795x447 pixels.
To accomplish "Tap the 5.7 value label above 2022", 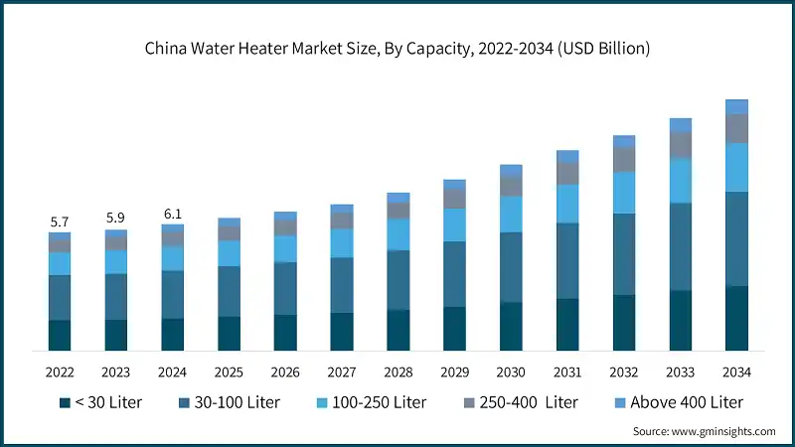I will [60, 222].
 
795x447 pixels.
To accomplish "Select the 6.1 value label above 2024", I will [173, 214].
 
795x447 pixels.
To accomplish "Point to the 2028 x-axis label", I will [397, 372].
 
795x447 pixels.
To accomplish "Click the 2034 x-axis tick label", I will [736, 372].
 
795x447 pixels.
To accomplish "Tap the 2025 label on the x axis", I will [229, 372].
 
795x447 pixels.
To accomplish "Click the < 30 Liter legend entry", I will [100, 402].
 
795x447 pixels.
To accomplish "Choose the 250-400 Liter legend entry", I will [513, 402].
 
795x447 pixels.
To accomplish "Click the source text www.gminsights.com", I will [704, 432].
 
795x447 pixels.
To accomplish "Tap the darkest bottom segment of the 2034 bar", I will [736, 318].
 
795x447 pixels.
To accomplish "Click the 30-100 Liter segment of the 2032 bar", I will [623, 254].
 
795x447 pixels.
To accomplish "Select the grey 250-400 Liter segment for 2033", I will [680, 145].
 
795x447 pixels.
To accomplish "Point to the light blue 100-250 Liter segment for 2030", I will [511, 214].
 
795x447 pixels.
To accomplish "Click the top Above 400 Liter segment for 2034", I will [736, 106].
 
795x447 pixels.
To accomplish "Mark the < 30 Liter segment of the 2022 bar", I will [60, 335].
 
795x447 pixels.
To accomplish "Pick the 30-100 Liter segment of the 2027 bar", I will [342, 285].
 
